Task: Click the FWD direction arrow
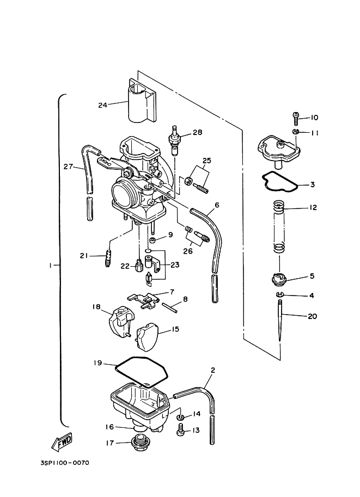click(62, 442)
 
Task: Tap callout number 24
click(102, 105)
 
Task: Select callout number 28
click(198, 132)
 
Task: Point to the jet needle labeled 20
click(280, 320)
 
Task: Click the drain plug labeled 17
click(138, 443)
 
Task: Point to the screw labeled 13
click(180, 430)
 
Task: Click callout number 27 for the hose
click(68, 167)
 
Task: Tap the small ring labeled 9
click(152, 240)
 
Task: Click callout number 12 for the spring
click(313, 207)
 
